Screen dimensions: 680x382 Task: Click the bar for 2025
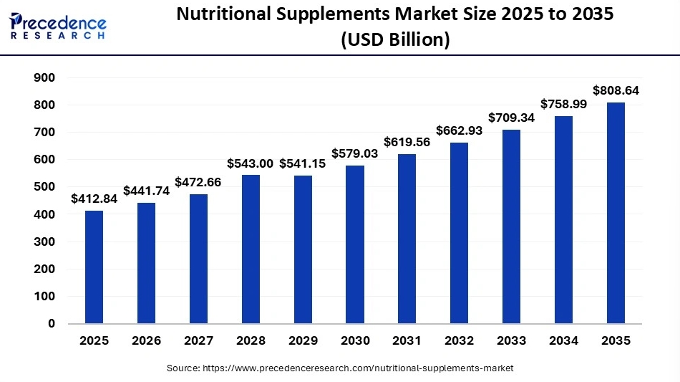click(x=94, y=267)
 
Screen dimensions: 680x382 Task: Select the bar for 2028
click(x=251, y=249)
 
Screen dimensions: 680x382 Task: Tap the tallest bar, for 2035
click(x=616, y=213)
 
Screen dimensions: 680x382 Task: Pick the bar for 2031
click(x=407, y=239)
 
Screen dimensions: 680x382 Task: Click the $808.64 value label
click(x=616, y=90)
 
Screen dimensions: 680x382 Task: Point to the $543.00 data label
click(x=251, y=163)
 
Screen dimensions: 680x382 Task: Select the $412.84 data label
click(x=94, y=199)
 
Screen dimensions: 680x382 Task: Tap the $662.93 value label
click(x=460, y=130)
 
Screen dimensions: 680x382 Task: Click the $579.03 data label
click(x=355, y=153)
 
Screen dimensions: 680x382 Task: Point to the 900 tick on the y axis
click(x=44, y=77)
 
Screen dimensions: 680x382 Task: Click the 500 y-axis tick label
click(x=44, y=186)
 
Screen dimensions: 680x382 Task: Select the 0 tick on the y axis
click(x=52, y=323)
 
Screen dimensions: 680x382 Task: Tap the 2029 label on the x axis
click(x=303, y=340)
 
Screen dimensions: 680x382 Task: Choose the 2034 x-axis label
click(x=564, y=340)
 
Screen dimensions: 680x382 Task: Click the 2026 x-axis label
click(x=147, y=340)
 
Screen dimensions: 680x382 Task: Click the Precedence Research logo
click(x=58, y=26)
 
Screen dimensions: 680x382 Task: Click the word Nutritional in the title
click(x=224, y=14)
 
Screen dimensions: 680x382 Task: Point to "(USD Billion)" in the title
click(x=395, y=39)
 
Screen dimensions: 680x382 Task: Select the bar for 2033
click(x=511, y=226)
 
